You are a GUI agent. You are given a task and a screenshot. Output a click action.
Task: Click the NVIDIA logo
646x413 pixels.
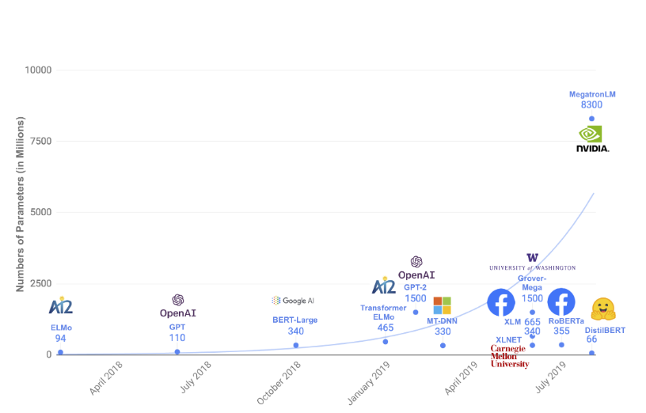tap(592, 138)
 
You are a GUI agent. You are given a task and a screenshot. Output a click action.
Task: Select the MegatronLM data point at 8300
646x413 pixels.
tap(591, 119)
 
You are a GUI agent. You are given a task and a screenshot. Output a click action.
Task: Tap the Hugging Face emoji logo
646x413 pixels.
tap(603, 309)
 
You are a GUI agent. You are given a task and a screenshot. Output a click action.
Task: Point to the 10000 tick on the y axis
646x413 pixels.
tap(37, 70)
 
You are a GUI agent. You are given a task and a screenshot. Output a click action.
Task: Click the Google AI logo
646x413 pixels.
tap(293, 301)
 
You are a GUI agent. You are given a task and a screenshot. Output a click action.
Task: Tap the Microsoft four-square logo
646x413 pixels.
tap(442, 305)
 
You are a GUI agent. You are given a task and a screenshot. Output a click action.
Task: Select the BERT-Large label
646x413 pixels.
tap(295, 320)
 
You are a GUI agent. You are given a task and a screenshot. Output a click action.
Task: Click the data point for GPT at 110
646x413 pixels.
tap(177, 351)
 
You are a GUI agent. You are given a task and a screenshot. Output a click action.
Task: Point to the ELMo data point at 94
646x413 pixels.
tap(60, 352)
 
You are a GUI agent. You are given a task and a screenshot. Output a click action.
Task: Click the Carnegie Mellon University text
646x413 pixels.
tap(508, 356)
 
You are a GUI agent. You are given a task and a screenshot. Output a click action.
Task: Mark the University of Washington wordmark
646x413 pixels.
tap(532, 263)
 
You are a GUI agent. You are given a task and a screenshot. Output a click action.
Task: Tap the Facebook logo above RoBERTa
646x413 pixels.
tap(561, 302)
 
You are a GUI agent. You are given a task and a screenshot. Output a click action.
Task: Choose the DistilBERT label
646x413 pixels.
tap(606, 329)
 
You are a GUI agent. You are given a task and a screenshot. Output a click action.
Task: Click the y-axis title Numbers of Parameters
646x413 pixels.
tap(21, 204)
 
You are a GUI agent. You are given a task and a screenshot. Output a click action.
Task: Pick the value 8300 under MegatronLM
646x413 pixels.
tap(591, 104)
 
